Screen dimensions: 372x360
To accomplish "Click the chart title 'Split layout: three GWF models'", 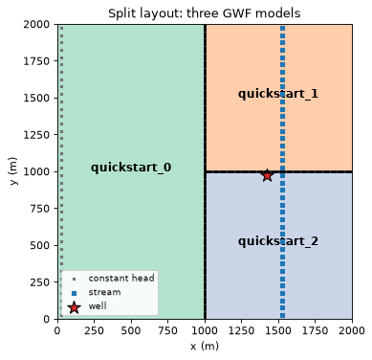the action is pos(205,13).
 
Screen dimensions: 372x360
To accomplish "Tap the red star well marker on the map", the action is pos(267,175).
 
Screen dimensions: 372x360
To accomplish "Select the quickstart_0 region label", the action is pos(131,168).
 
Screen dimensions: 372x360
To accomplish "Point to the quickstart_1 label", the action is pos(278,94).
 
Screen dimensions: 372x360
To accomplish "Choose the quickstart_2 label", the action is pos(278,241).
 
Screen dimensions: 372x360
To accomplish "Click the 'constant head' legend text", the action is pos(121,279).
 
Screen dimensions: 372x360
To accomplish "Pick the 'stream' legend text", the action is pos(104,292).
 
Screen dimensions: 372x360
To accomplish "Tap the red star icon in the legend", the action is pos(74,307).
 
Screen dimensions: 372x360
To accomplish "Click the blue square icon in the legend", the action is pos(74,293).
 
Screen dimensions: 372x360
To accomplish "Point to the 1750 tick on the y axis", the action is pos(36,61).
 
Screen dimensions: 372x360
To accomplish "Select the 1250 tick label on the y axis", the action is pos(36,135).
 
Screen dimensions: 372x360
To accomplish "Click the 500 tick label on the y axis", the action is pos(40,245).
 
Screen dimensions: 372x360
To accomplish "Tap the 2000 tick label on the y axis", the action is pos(36,24).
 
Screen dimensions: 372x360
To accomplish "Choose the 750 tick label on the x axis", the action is pos(168,330).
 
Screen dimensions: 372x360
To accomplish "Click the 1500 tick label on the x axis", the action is pos(278,330).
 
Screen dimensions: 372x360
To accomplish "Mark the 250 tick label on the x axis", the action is pos(95,330).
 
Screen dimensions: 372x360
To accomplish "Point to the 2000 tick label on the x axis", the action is pos(352,330).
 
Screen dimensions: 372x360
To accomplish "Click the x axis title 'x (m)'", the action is pos(205,346).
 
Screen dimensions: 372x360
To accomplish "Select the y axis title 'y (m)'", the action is pos(12,171).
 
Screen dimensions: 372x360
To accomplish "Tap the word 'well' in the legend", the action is pos(98,306).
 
